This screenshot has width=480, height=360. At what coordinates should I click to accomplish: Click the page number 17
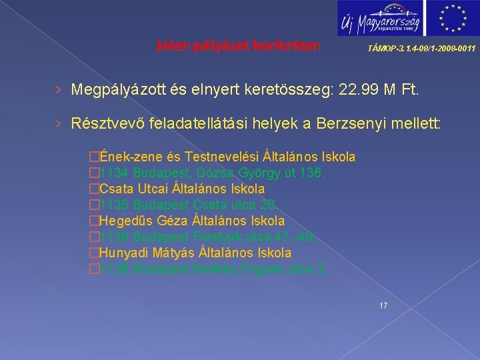(383, 306)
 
